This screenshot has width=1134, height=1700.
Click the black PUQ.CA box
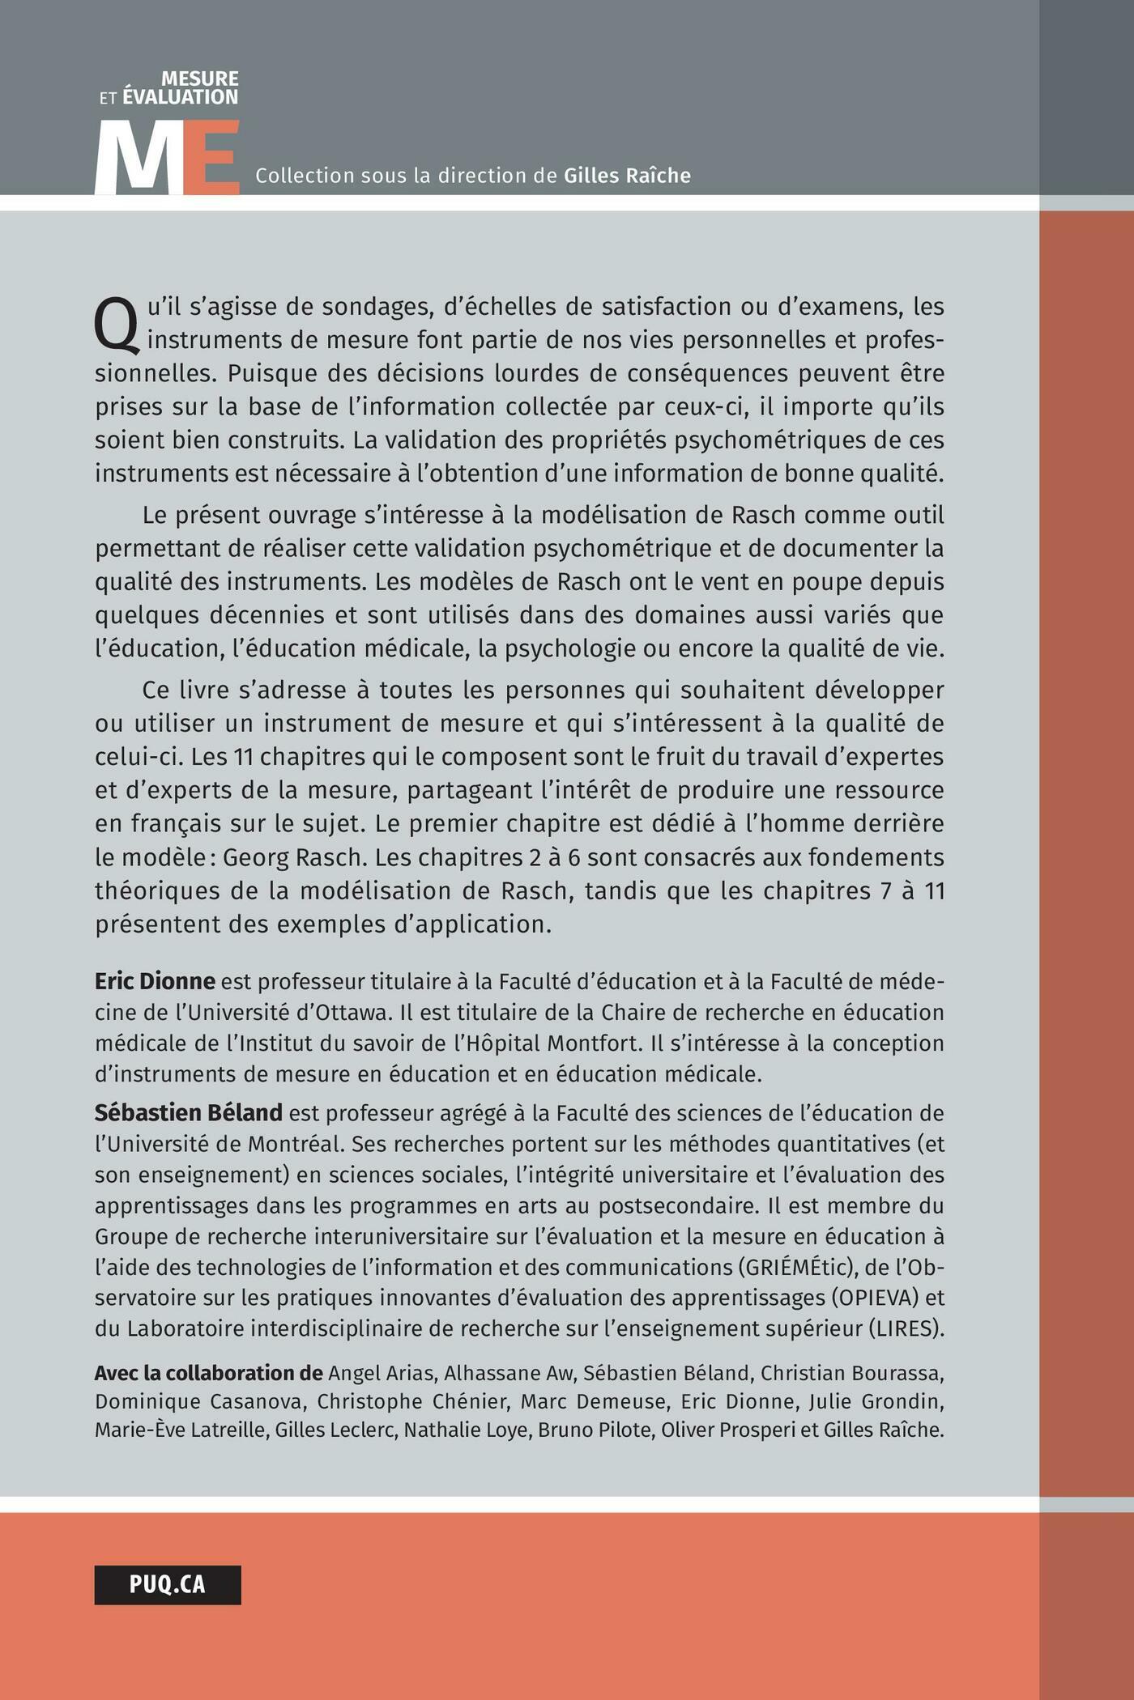pos(168,1584)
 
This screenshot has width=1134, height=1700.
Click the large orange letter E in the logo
pos(213,159)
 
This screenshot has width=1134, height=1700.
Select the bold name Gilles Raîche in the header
pos(627,176)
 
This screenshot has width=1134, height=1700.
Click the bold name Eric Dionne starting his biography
pos(155,981)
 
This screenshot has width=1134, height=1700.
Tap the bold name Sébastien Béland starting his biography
pos(189,1112)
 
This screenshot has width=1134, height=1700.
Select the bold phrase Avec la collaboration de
pos(208,1373)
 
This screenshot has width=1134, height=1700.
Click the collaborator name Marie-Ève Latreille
pos(180,1430)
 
